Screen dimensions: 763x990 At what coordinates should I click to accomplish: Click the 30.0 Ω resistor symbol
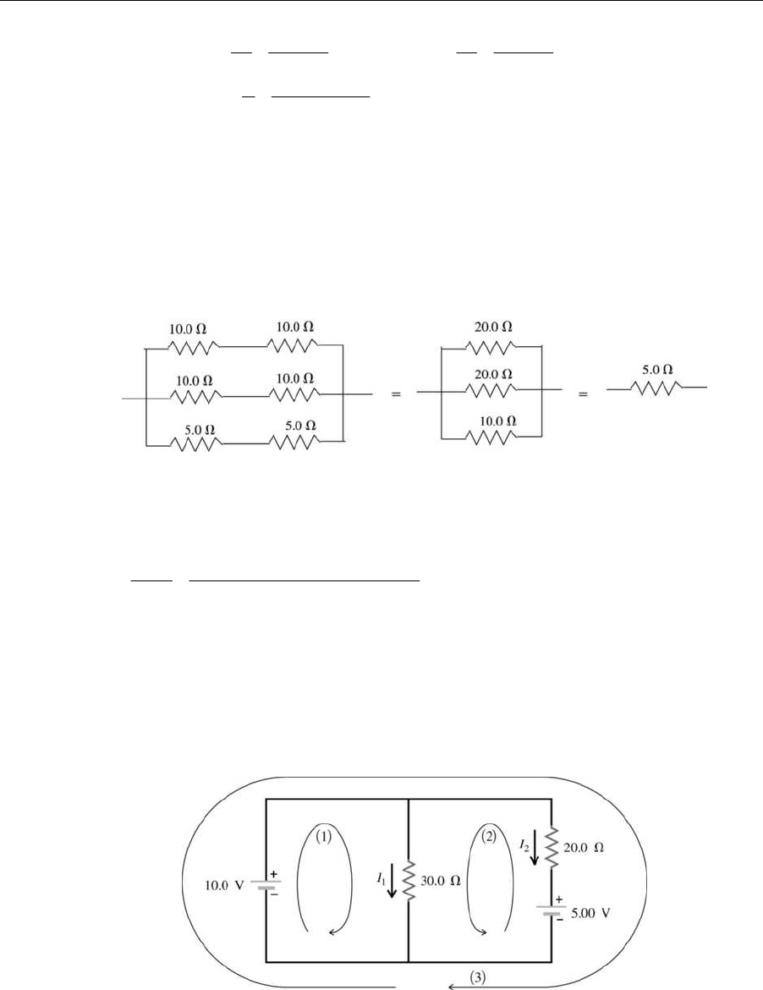point(409,881)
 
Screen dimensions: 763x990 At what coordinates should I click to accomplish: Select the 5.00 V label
point(588,913)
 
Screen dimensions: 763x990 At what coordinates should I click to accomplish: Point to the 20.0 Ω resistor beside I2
point(552,847)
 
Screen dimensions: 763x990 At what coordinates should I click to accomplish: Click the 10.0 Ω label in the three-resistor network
point(492,421)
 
